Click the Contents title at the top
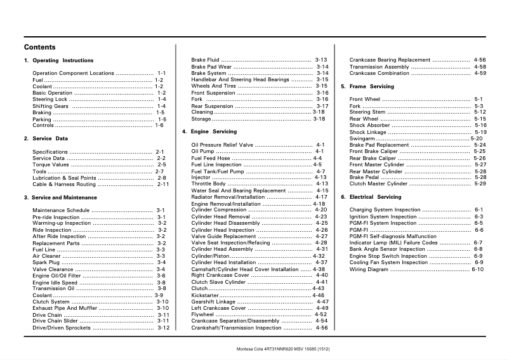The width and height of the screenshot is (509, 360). point(39,47)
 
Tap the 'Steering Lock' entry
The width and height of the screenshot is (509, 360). point(50,100)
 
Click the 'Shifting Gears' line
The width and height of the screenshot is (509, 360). point(50,106)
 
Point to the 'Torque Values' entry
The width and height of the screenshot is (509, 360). point(50,164)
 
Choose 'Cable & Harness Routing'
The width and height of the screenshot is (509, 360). point(64,184)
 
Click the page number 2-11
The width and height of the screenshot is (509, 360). point(163,184)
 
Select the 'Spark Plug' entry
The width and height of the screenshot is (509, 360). point(46,262)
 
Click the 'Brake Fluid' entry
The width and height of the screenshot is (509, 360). point(206,60)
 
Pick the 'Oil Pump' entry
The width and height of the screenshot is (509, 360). point(202,151)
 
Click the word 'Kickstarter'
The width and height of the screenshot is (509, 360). point(205,295)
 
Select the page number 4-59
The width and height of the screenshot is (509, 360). point(480,73)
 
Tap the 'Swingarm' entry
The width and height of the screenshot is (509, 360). point(362,138)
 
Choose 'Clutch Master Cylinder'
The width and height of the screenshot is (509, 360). point(379,183)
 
